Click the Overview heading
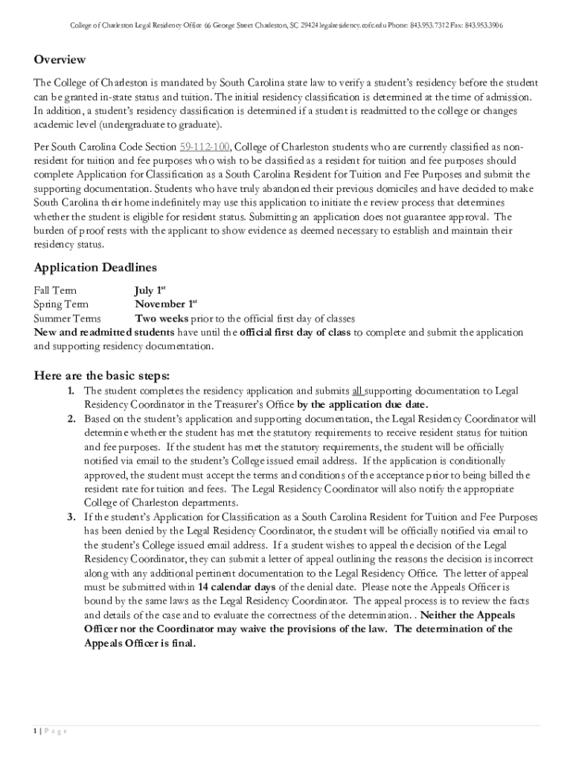(60, 60)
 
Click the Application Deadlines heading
(95, 267)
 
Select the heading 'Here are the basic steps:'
(102, 374)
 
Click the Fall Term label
(55, 290)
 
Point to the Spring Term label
(61, 304)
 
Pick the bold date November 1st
(165, 304)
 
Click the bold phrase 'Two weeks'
(161, 318)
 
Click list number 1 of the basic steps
(70, 391)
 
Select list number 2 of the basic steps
(70, 419)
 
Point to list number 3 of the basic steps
(70, 516)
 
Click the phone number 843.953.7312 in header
(436, 25)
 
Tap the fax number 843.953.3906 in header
(484, 25)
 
